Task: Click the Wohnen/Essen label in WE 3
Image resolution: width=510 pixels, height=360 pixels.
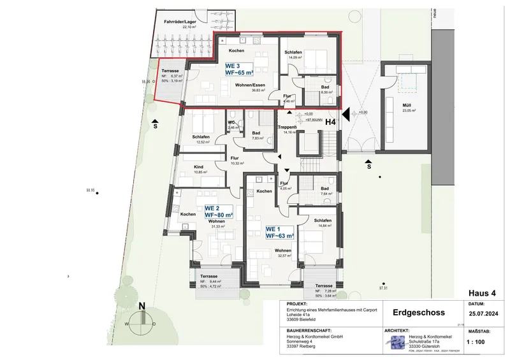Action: point(250,85)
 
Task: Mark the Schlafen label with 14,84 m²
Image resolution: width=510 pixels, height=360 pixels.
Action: point(323,221)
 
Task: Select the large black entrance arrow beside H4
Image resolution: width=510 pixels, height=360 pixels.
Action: point(345,115)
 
